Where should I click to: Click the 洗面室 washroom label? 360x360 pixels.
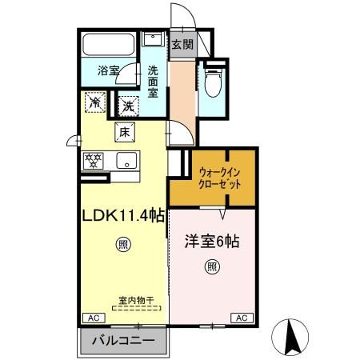pos(153,80)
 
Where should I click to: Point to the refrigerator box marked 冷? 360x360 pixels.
pos(95,102)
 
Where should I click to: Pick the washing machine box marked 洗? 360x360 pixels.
pos(128,105)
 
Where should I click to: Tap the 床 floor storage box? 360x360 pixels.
pos(123,132)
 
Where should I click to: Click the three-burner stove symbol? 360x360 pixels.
pos(94,160)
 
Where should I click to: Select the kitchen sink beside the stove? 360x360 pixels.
pos(126,160)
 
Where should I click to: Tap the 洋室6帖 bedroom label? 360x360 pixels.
pos(213,239)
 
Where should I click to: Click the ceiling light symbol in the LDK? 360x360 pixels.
pos(122,244)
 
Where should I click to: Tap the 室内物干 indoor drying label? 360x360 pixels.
pos(129,300)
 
